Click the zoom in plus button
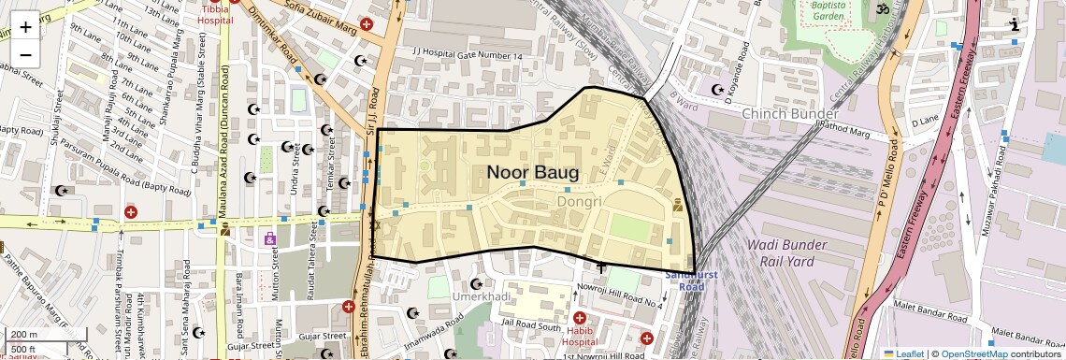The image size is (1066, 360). click(x=25, y=26)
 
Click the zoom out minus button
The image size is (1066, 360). click(x=25, y=54)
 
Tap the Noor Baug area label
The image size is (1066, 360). click(x=532, y=173)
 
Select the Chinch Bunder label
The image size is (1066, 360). click(x=783, y=113)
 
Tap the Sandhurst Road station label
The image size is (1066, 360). click(x=684, y=281)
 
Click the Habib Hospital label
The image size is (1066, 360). click(x=580, y=336)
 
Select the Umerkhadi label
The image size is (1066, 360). click(x=483, y=296)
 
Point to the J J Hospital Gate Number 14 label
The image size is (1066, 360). click(x=467, y=56)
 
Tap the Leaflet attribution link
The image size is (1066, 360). click(x=903, y=353)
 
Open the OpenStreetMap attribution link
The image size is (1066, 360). click(x=973, y=353)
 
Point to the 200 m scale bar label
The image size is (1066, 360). click(x=24, y=335)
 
